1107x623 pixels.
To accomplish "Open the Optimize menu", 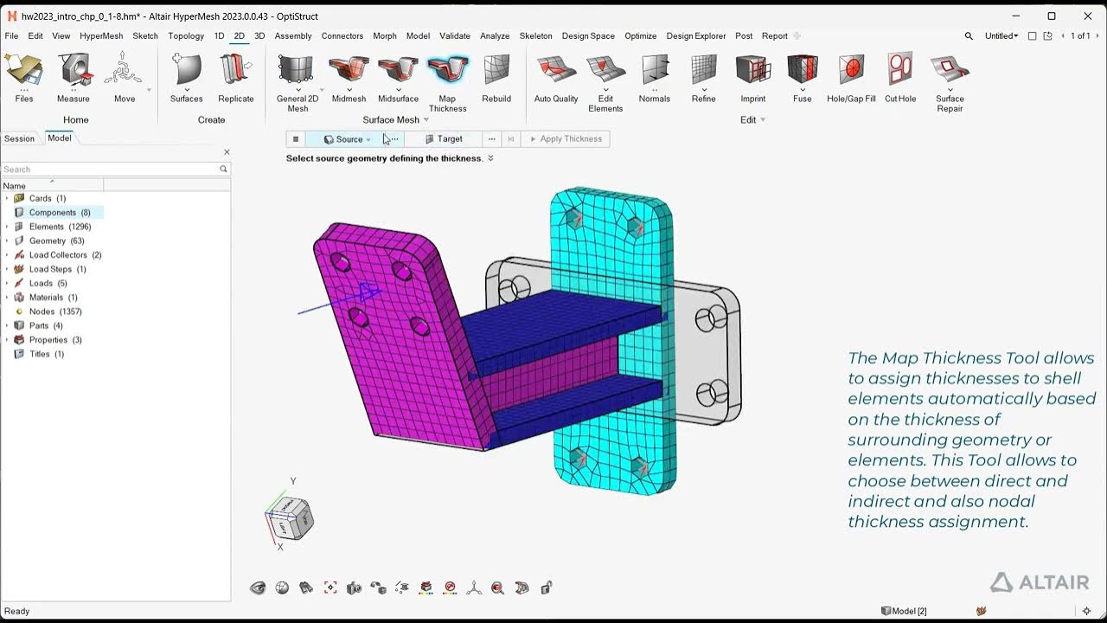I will click(x=640, y=36).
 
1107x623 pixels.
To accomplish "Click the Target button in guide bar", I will click(x=444, y=139).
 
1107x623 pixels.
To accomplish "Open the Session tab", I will click(x=19, y=138).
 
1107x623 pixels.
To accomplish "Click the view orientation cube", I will click(x=289, y=518).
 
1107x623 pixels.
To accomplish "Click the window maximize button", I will click(x=1052, y=16).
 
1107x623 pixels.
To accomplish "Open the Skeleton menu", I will click(x=535, y=36).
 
